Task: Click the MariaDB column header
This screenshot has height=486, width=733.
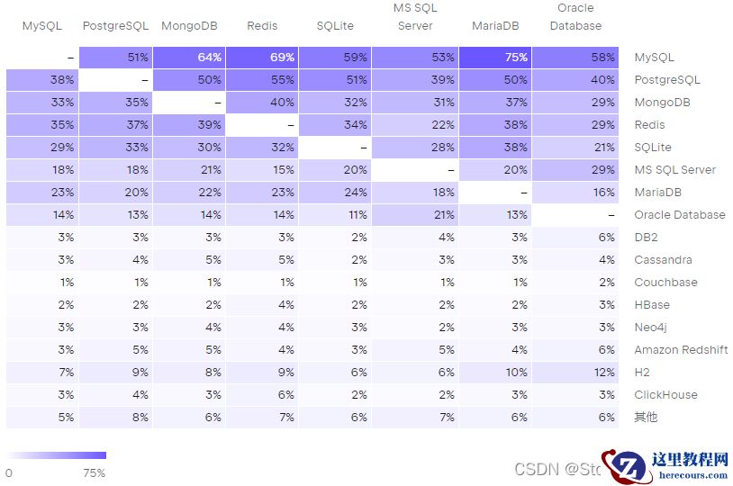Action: (495, 26)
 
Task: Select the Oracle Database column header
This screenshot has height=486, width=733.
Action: (575, 17)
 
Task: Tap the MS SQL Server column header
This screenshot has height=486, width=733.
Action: (415, 17)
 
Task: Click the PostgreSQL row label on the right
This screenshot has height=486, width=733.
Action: (666, 80)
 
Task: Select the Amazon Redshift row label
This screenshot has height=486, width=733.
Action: (681, 350)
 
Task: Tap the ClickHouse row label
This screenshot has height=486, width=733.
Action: (665, 395)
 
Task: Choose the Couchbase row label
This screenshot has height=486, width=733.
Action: (665, 283)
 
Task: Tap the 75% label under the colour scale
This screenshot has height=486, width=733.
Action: (95, 472)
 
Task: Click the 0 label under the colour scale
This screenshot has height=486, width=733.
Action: (9, 472)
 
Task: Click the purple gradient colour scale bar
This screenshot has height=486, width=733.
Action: (56, 455)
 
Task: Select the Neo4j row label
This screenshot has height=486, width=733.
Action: (650, 328)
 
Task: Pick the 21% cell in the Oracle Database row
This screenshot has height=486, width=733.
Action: (415, 215)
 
